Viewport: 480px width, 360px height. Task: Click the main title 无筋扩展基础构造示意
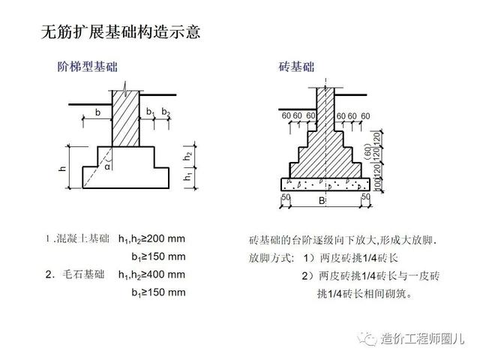coord(121,32)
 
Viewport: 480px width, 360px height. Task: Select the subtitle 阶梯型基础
coord(88,67)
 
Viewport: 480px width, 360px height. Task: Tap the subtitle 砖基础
coord(296,67)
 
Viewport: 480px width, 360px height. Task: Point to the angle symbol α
coord(107,167)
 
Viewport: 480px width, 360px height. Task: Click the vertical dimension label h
coord(62,168)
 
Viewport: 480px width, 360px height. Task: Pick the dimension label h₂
coord(188,156)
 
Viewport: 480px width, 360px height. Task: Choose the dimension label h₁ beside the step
coord(188,177)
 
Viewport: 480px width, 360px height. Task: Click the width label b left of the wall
coord(97,112)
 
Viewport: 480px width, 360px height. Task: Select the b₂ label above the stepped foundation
coord(166,112)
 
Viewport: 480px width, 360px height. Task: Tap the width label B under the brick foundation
coord(322,201)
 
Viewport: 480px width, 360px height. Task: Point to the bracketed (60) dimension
coord(368,152)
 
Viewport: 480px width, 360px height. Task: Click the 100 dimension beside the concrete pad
coord(377,184)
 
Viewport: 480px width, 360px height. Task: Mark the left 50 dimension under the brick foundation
coord(286,196)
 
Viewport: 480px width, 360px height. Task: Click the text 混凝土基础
coord(83,238)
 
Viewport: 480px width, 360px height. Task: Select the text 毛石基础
coord(83,274)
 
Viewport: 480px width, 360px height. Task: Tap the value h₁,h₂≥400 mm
coord(151,274)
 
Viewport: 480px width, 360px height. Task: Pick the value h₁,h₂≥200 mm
coord(151,238)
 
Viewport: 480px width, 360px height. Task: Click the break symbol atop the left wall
coord(125,88)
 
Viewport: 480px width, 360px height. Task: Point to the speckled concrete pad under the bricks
coord(325,184)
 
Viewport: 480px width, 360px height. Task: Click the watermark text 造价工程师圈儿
coord(422,339)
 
